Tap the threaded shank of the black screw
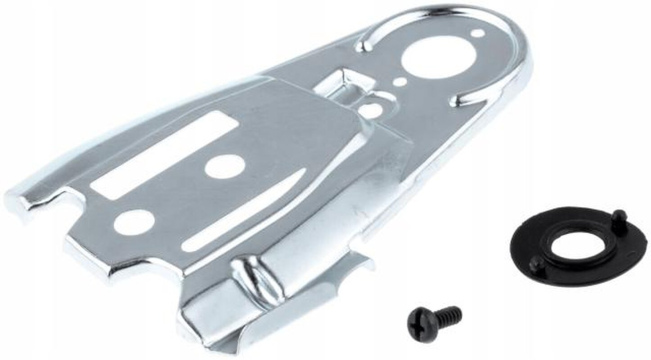(447, 313)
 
